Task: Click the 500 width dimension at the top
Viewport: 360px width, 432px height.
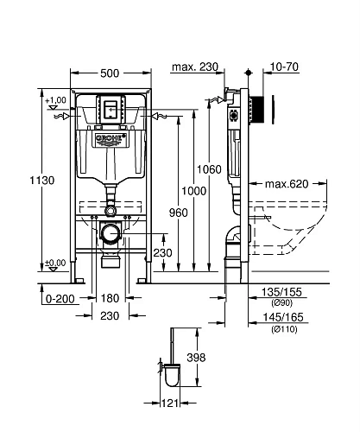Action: (x=110, y=75)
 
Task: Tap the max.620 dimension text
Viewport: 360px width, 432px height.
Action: (x=287, y=184)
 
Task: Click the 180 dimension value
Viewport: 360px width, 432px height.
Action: (x=111, y=297)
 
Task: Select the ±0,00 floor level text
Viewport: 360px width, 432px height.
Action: (x=54, y=263)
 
